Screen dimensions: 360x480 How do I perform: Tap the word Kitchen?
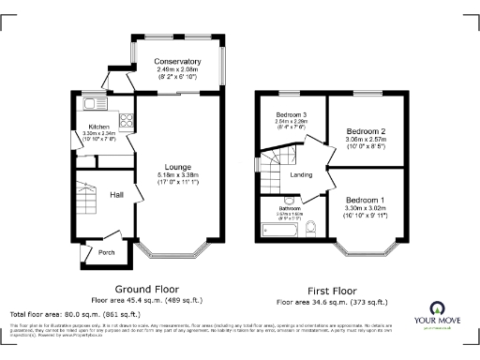click(x=100, y=127)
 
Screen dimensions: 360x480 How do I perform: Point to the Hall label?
click(x=116, y=194)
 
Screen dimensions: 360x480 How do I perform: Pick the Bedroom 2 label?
click(x=362, y=130)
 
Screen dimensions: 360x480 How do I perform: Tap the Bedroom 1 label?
click(x=364, y=200)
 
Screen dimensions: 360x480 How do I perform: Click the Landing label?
click(x=302, y=174)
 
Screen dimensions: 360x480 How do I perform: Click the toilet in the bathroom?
click(x=313, y=226)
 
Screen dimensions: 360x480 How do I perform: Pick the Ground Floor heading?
click(x=145, y=289)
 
